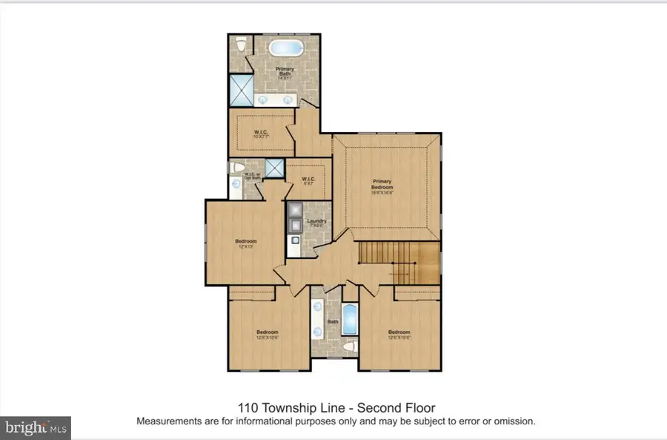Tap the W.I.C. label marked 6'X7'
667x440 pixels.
(x=308, y=180)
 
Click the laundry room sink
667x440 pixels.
(x=294, y=241)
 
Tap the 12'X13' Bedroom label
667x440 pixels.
(x=246, y=243)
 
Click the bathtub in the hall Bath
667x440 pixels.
(x=350, y=320)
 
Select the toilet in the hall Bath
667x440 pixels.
(x=350, y=347)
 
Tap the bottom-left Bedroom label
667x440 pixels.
(x=267, y=334)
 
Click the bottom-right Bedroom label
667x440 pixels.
(x=399, y=334)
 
